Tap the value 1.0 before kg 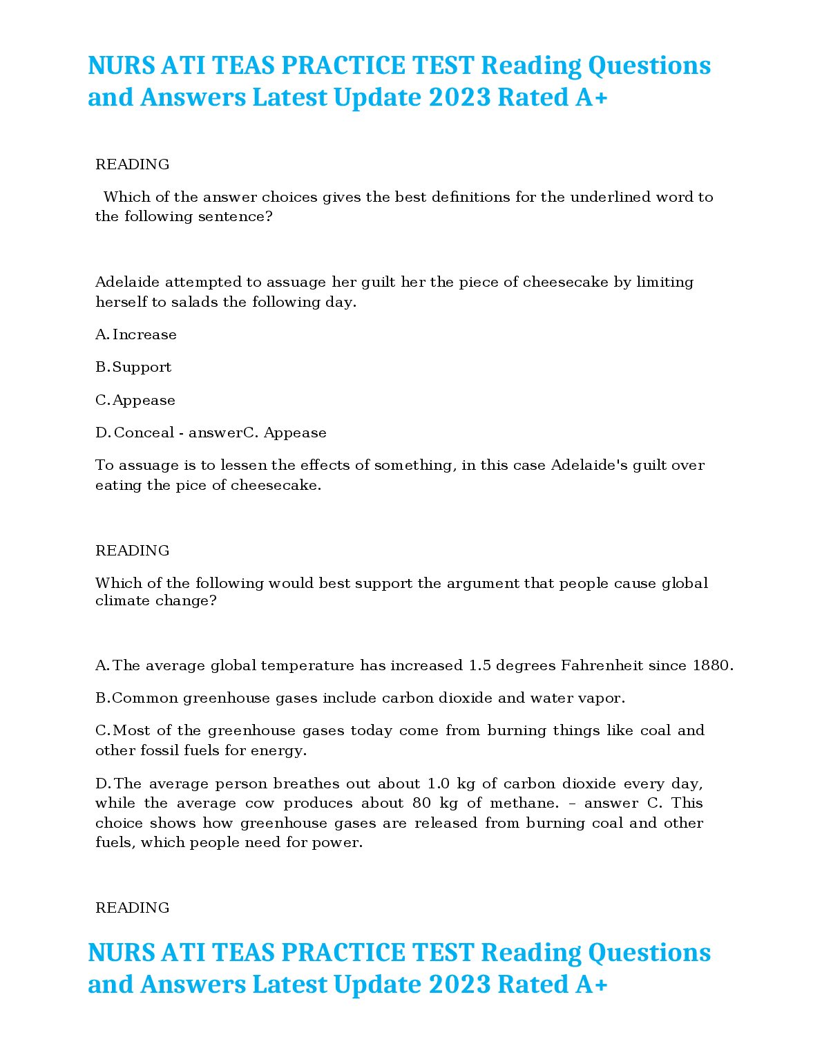pyautogui.click(x=439, y=783)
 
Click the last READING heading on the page pyautogui.click(x=133, y=908)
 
